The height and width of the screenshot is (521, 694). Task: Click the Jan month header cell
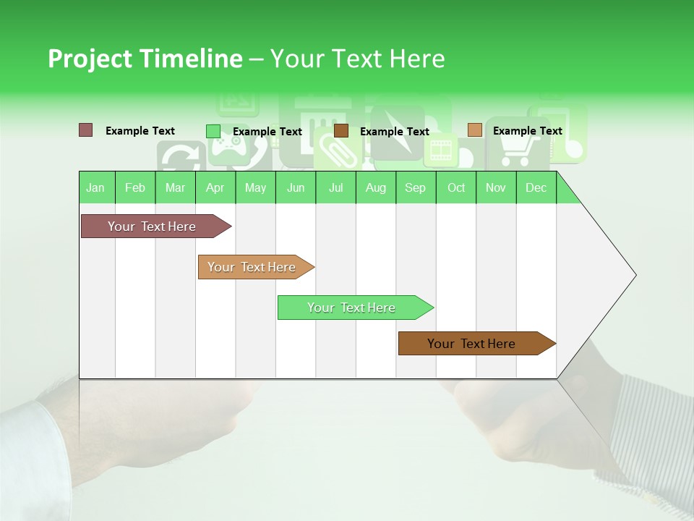pos(96,187)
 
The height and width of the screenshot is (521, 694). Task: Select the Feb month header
pos(135,187)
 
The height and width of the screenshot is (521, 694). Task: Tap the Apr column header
pos(215,187)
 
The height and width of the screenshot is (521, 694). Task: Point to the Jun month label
pos(296,187)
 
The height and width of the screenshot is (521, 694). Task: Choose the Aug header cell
pos(376,187)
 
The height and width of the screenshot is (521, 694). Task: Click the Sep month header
pos(416,187)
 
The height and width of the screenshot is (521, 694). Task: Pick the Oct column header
pos(456,187)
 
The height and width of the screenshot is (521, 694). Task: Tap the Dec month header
pos(536,187)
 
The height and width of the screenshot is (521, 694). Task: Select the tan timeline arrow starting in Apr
pos(253,267)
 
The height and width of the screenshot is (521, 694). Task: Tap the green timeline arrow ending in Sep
pos(353,308)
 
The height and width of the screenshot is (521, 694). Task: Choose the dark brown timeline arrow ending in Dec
pos(474,344)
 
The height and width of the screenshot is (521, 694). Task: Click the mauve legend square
pos(86,130)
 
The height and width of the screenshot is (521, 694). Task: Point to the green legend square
pos(213,131)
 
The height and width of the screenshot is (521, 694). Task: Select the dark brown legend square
pos(341,131)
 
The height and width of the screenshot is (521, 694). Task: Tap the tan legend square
pos(474,130)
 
